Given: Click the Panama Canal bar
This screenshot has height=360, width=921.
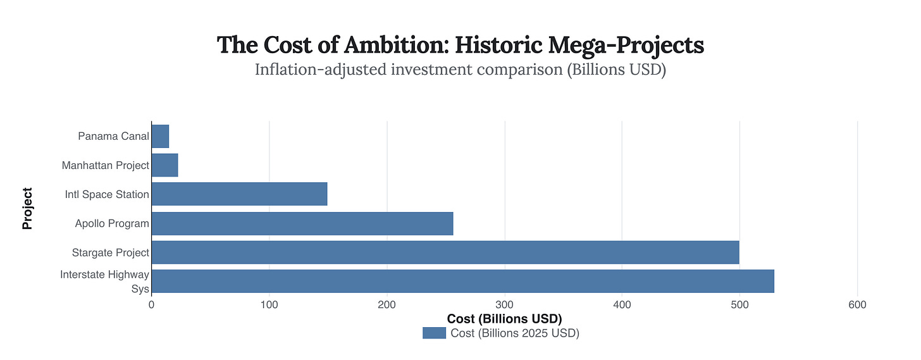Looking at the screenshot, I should coord(160,136).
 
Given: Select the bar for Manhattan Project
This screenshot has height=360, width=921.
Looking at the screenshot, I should coord(164,165).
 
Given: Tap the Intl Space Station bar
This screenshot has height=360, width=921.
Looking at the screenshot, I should coord(239,194).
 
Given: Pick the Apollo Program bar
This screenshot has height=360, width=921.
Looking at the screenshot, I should coord(302,223).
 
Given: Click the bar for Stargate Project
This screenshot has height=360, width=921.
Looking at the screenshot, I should coord(445,252).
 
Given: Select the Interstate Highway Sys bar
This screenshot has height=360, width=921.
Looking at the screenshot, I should coord(462,281).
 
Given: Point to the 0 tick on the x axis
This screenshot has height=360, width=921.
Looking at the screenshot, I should coord(152,305).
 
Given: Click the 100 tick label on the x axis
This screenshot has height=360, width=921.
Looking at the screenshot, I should coord(269,305).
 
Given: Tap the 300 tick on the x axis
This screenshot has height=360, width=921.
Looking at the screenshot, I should coord(504,305).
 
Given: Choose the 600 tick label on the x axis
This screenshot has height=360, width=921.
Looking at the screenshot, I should coord(857,305).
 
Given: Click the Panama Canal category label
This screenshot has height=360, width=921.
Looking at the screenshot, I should coord(113,136).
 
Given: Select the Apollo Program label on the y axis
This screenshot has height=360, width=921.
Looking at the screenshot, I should coord(112,223).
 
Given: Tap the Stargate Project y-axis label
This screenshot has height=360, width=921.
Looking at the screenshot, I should coord(110,252).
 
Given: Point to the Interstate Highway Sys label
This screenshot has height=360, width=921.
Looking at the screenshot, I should coord(105,282).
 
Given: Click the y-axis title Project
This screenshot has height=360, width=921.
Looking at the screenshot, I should coord(27,208).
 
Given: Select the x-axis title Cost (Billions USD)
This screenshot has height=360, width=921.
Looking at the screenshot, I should coord(504,318).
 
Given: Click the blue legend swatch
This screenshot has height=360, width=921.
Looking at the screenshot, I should coord(434,333).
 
